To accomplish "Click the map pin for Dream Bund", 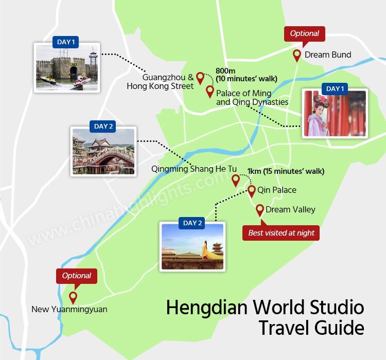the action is click(x=297, y=55).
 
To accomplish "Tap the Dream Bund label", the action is click(x=327, y=55).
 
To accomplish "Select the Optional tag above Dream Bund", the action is click(x=305, y=34).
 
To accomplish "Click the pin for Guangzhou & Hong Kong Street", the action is click(x=200, y=77).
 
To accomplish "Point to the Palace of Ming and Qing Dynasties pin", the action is click(x=210, y=91).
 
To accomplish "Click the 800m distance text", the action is click(x=224, y=71).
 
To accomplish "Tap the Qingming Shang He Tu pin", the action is click(x=236, y=179).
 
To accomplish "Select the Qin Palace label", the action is click(x=277, y=190).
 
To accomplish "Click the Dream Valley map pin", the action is click(x=260, y=209).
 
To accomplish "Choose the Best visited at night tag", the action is click(x=281, y=233).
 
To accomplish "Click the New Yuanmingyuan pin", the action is click(x=73, y=297).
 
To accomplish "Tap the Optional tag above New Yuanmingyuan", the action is click(x=77, y=276).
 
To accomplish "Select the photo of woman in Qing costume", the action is click(x=335, y=113).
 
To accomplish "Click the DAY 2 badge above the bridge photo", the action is click(x=101, y=127).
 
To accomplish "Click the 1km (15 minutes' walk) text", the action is click(x=286, y=171).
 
